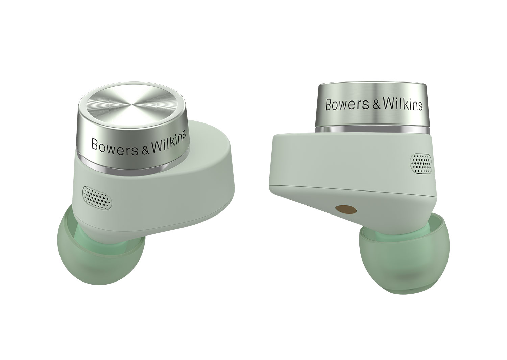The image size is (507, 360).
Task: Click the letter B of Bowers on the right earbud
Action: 329,105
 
